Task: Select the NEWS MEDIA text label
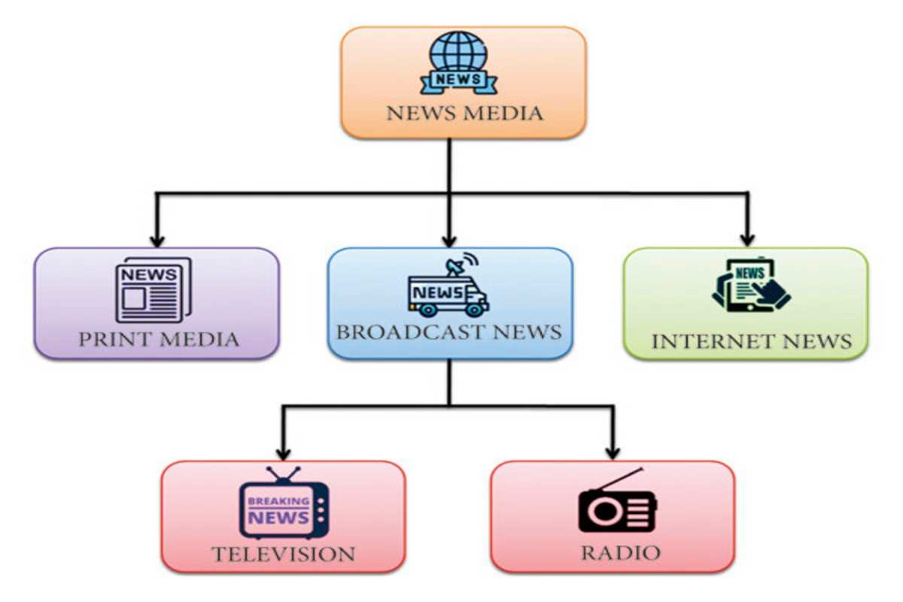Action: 464,114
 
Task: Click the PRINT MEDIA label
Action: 159,339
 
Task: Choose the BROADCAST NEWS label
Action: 449,332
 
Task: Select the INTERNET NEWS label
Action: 751,342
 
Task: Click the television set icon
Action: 284,503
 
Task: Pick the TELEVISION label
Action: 283,555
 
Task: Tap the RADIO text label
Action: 620,553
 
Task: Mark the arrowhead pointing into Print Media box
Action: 157,240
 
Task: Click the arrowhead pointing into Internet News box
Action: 747,239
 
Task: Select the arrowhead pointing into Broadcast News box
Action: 449,240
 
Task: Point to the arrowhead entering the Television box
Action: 283,453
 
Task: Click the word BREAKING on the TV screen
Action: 278,500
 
